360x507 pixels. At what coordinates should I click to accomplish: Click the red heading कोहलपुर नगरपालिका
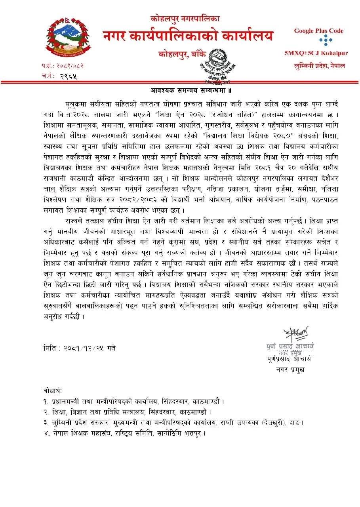(x=185, y=18)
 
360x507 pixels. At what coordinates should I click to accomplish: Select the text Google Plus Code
(x=318, y=31)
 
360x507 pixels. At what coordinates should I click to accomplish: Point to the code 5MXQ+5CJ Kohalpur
(x=316, y=53)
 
